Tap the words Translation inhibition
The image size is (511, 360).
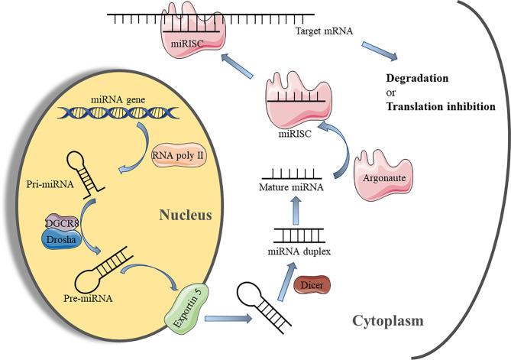(441, 107)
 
